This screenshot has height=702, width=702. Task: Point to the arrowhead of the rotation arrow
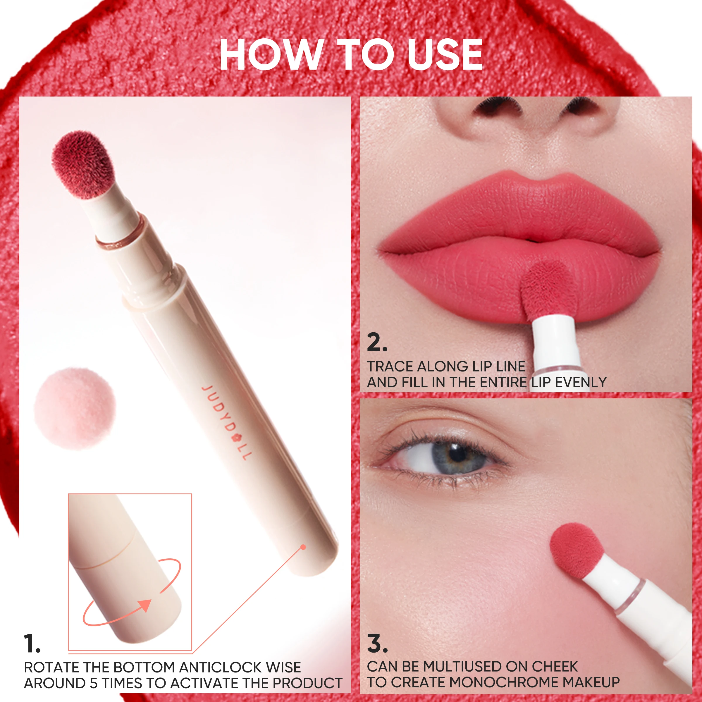[x=145, y=605]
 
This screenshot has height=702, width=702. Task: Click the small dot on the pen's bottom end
[x=303, y=547]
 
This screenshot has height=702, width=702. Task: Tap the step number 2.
[x=377, y=342]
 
